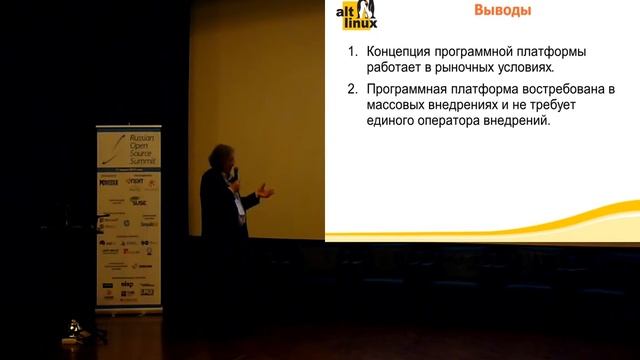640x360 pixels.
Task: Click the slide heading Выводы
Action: [x=501, y=11]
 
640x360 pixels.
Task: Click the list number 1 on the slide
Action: [x=351, y=52]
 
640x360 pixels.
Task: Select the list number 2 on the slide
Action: [x=351, y=87]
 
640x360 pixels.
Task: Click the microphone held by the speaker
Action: [x=233, y=174]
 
